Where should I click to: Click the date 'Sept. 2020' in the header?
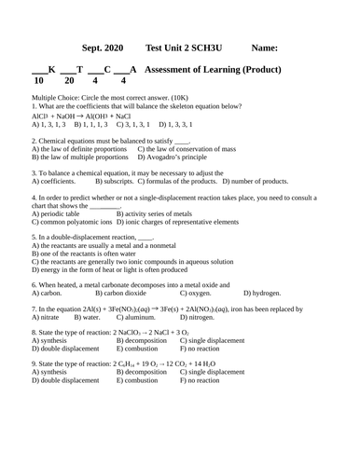[x=104, y=48]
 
